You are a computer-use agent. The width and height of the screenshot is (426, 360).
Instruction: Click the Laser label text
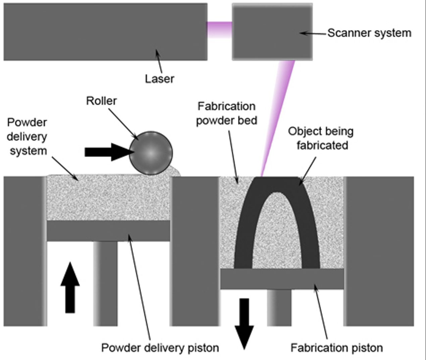point(159,79)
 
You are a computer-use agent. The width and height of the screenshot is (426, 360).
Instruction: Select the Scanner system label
point(369,33)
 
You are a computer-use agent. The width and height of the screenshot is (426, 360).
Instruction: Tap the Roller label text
point(101,101)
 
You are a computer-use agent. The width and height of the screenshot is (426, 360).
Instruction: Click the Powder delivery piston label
point(160,348)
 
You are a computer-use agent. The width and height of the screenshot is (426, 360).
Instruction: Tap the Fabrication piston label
point(336,348)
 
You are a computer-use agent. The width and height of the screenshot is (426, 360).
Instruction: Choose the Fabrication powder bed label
point(226,113)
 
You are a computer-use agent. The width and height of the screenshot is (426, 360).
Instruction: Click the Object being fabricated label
point(321,138)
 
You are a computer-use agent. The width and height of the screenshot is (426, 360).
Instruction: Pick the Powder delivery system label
point(28,137)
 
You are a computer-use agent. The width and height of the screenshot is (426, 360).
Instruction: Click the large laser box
point(105,32)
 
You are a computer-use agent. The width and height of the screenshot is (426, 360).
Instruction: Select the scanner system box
point(272,32)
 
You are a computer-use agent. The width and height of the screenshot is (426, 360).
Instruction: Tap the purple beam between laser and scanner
point(219,30)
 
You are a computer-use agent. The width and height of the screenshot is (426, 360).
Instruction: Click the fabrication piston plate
point(282,279)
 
